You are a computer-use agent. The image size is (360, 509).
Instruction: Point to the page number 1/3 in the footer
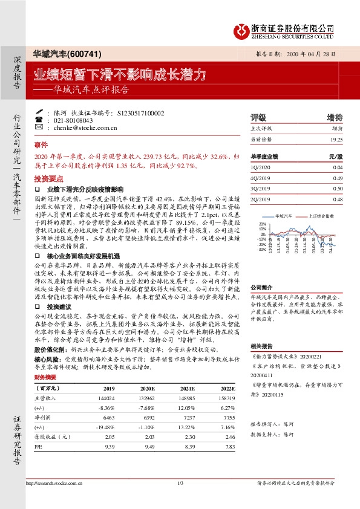(180, 499)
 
